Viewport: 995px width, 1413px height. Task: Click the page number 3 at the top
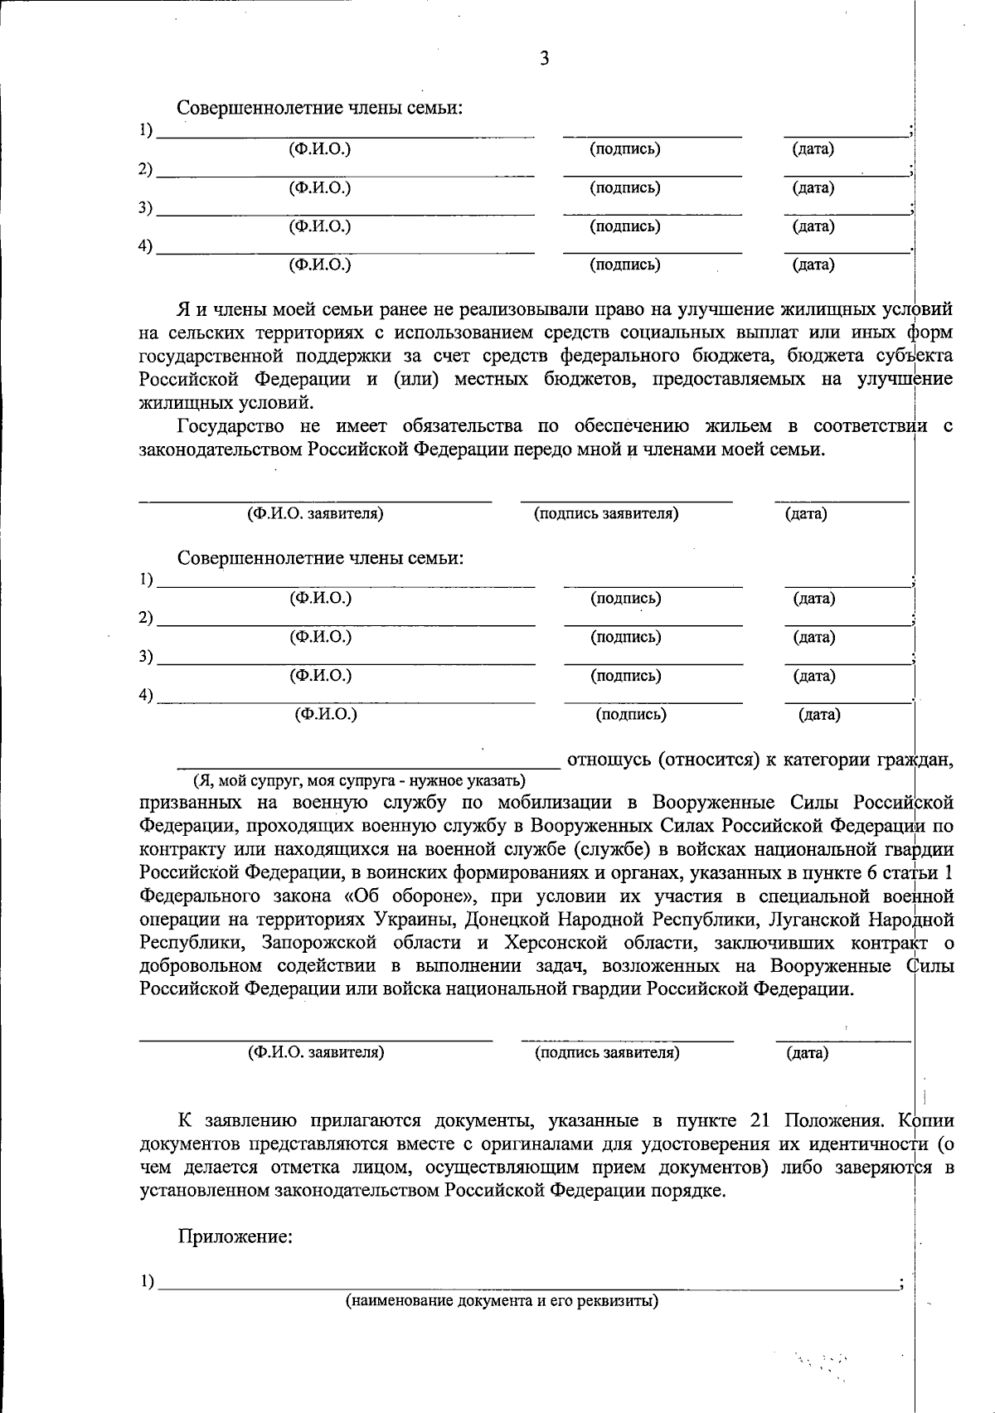coord(545,59)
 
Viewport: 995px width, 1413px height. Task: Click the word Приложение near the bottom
coord(235,1238)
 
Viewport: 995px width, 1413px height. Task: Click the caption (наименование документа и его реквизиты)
coord(502,1300)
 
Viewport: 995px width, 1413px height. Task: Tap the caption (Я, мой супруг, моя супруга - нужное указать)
coord(359,781)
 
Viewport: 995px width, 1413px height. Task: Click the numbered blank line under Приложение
coord(528,1283)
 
